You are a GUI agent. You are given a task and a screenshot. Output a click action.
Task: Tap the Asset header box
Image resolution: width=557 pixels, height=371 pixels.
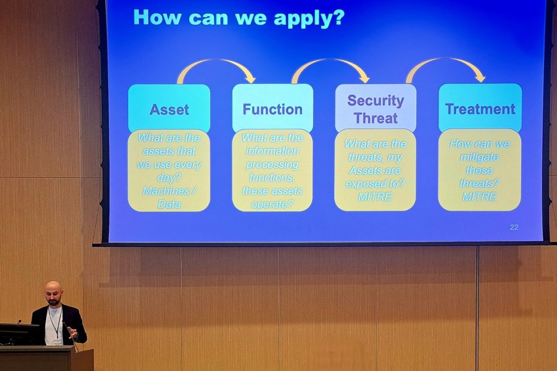coord(169,108)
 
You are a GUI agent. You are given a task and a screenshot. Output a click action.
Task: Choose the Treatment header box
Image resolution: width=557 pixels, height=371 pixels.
coord(480,108)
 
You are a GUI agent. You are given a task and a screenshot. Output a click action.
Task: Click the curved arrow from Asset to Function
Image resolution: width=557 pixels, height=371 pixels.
coord(213,60)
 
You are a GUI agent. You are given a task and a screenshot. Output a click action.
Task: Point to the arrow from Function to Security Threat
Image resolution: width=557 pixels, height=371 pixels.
coord(329,60)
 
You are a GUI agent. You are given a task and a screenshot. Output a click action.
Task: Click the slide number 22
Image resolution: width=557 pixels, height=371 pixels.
coord(514,227)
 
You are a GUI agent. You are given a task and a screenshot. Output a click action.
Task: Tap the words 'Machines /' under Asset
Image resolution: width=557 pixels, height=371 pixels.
coord(169,191)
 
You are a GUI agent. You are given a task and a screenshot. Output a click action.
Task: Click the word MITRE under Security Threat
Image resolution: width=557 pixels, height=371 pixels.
coord(375,197)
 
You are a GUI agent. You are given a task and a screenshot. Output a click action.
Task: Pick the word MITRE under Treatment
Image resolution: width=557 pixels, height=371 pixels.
coord(480,197)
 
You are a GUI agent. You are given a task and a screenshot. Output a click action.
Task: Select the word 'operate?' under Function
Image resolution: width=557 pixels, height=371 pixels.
coord(272,205)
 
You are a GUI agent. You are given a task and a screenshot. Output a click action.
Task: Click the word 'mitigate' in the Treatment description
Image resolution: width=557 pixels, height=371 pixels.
coord(480,157)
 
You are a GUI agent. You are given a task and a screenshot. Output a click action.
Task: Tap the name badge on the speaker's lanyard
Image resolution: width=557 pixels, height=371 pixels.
coord(57,342)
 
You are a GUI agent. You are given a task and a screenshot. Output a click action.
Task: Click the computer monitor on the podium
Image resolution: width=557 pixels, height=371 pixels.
coord(20,334)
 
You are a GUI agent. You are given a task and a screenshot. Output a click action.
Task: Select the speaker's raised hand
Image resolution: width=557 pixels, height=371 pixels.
coord(73,333)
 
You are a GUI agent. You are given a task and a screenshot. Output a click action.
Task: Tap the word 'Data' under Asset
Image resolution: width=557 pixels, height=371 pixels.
coord(169,204)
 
